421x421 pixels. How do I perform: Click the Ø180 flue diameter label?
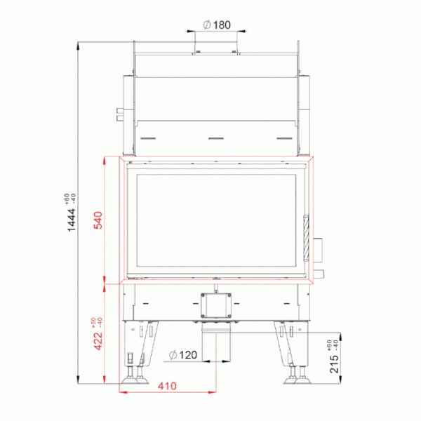tap(217, 25)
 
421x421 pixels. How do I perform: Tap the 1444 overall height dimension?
tap(72, 220)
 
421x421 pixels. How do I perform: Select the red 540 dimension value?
tap(98, 220)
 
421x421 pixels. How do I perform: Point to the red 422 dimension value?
tap(98, 341)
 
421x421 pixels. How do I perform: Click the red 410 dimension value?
tap(167, 386)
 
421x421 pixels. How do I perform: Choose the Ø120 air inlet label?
tap(183, 355)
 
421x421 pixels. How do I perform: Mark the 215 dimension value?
tap(334, 364)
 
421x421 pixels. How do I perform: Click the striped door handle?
tap(306, 238)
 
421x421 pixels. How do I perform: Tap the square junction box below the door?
tap(216, 305)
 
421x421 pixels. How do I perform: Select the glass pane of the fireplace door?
tap(216, 220)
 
